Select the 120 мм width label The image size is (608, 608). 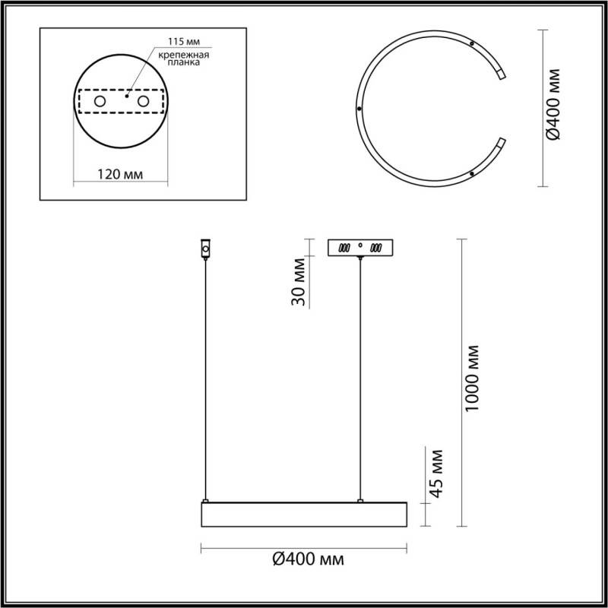(x=121, y=175)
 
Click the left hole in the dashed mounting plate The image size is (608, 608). (x=100, y=101)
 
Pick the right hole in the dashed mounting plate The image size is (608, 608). (x=143, y=101)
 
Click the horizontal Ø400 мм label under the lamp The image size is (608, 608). (x=307, y=560)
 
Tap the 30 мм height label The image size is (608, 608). (x=299, y=282)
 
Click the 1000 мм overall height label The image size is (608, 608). (x=473, y=378)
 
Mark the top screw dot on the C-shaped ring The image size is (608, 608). (x=473, y=45)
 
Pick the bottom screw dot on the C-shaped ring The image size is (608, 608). (x=473, y=174)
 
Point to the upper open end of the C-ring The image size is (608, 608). (x=501, y=73)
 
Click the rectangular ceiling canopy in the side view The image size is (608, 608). (x=359, y=248)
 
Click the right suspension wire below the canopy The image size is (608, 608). (x=359, y=380)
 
